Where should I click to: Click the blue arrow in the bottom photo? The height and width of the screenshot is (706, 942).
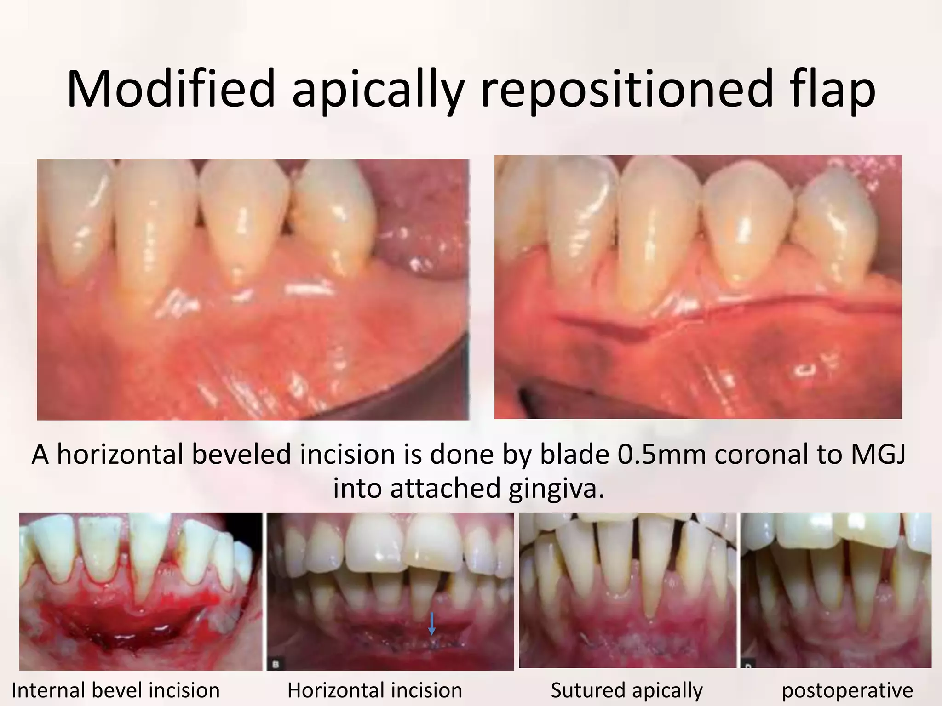pyautogui.click(x=431, y=624)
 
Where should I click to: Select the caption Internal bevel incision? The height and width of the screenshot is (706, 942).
pyautogui.click(x=115, y=690)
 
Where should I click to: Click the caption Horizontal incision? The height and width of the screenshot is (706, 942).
pyautogui.click(x=374, y=690)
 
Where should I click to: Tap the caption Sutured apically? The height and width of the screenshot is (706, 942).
pyautogui.click(x=626, y=690)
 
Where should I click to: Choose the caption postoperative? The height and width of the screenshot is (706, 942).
pyautogui.click(x=847, y=690)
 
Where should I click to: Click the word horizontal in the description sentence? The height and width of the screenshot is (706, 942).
pyautogui.click(x=121, y=455)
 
